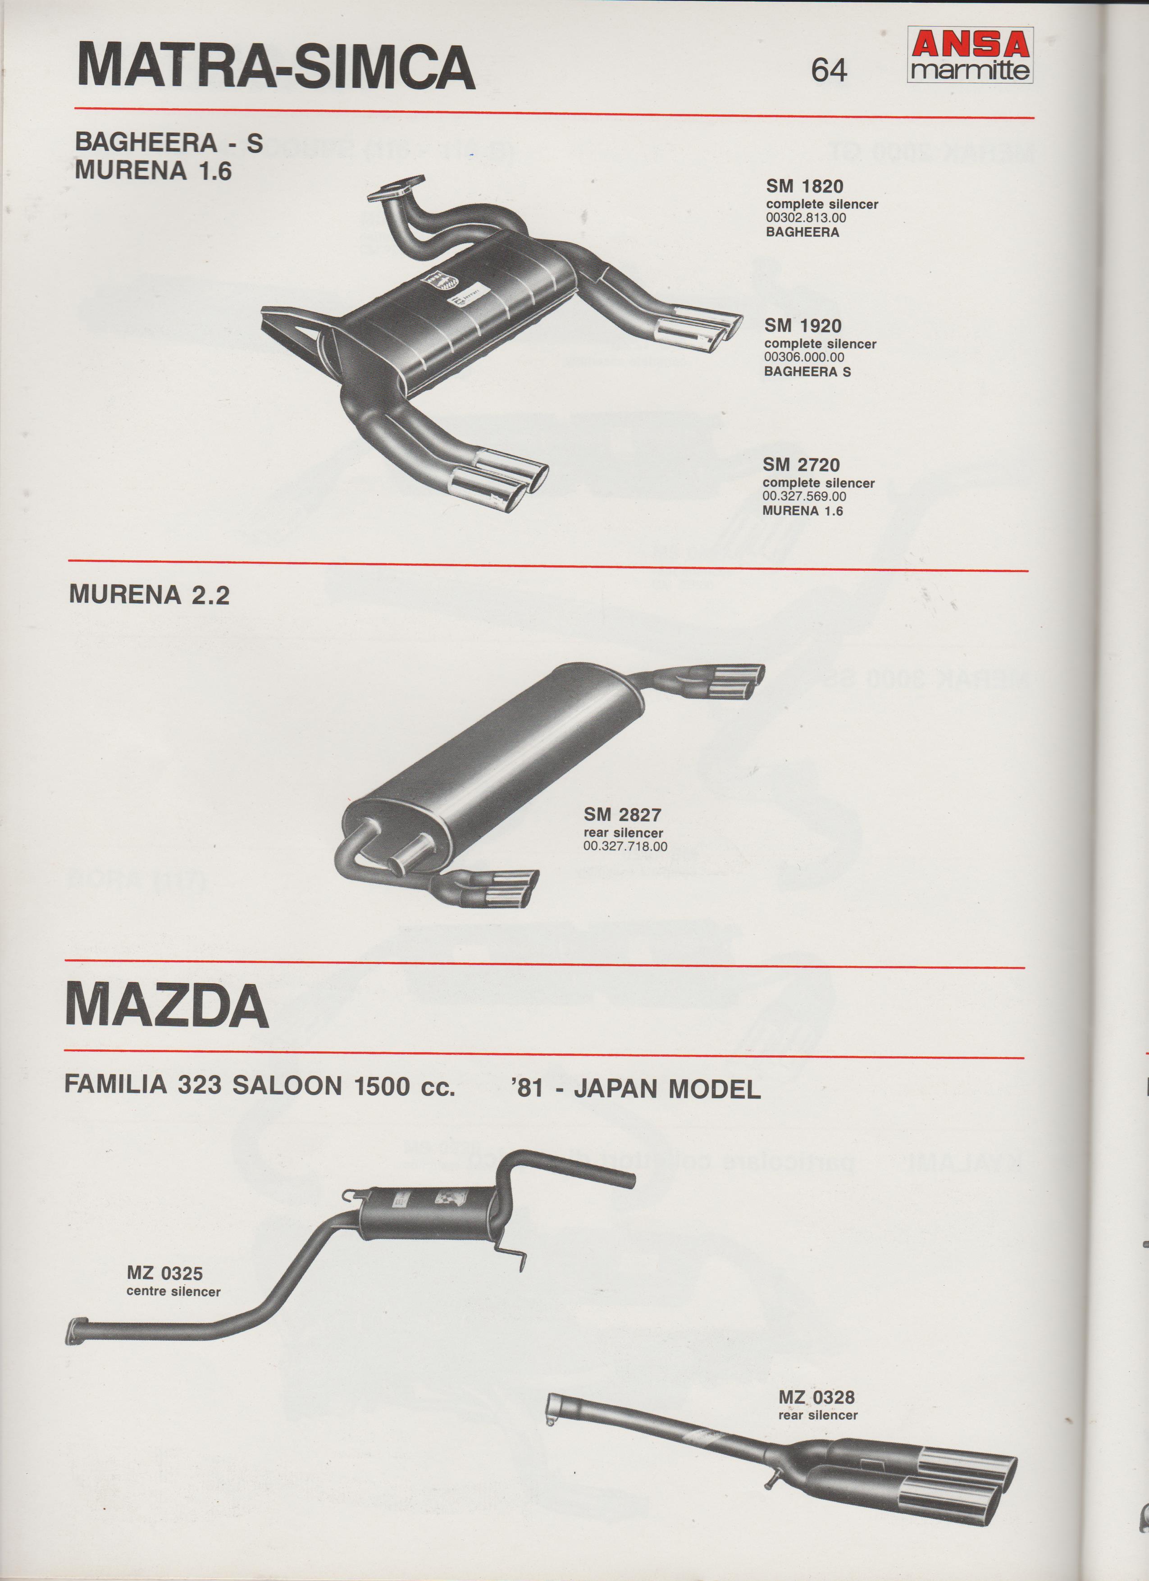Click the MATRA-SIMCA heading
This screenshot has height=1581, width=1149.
click(x=276, y=67)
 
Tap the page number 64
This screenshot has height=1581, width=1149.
click(x=829, y=70)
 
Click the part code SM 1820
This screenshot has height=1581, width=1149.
click(x=805, y=186)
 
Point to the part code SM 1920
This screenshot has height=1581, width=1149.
click(x=802, y=325)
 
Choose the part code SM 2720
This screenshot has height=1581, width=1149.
click(x=801, y=464)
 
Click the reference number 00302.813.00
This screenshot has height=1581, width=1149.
click(x=806, y=218)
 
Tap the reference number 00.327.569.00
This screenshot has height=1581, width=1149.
click(x=805, y=496)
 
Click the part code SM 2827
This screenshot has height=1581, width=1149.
click(x=623, y=814)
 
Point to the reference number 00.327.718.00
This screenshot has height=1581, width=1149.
click(x=625, y=846)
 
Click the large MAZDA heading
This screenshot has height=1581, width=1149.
click(x=167, y=1007)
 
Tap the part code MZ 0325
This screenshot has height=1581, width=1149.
click(x=164, y=1274)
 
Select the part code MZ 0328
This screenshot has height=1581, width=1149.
click(x=816, y=1377)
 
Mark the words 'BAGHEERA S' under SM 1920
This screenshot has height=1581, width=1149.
click(x=807, y=371)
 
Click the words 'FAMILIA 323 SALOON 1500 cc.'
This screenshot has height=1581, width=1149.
click(x=259, y=1086)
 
